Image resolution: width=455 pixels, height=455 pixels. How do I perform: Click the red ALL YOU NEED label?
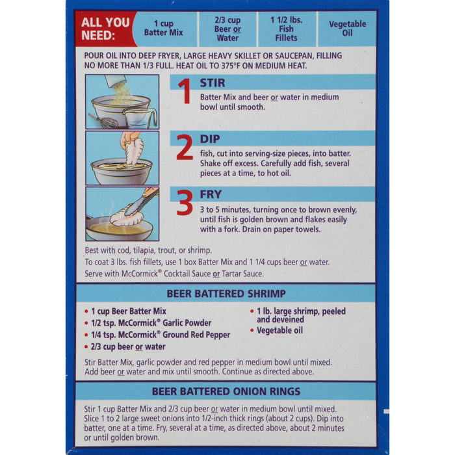[104, 29]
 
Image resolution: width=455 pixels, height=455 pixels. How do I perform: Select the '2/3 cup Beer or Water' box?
[227, 29]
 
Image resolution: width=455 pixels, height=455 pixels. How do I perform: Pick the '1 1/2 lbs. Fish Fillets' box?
[286, 29]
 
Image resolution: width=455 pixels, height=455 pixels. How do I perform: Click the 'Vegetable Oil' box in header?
[347, 29]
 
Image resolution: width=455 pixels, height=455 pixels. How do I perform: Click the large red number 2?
[185, 148]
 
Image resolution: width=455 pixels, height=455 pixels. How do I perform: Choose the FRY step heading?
[211, 194]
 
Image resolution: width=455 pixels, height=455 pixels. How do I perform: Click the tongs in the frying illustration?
[140, 202]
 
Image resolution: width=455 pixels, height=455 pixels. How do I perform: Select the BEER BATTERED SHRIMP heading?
[226, 294]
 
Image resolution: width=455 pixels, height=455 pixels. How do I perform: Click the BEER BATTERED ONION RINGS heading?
[226, 391]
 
